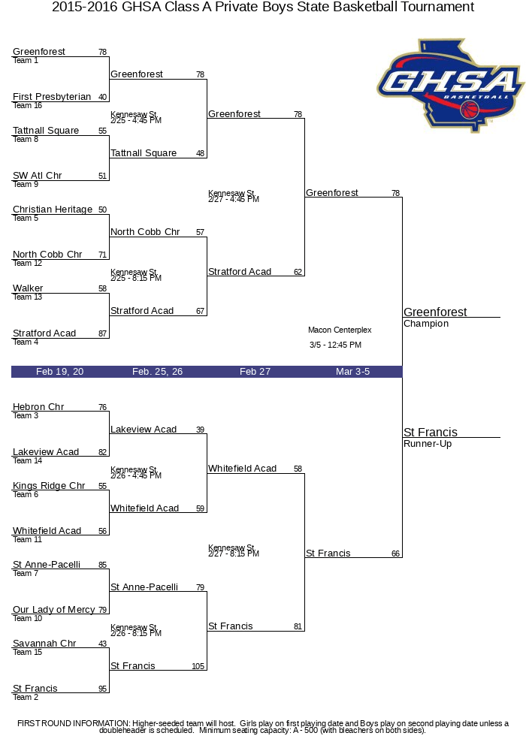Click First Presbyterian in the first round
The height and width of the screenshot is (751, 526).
coord(52,97)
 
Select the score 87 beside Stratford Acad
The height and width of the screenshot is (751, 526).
coord(102,333)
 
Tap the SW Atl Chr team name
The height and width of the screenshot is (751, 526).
coord(38,176)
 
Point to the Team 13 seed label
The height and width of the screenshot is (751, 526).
coord(27,297)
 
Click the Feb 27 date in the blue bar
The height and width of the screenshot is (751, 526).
coord(255,372)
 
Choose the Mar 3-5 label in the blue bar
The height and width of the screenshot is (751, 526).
coord(352,372)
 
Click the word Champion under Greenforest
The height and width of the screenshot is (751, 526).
coord(426,324)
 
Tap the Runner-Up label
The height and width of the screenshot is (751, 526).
coord(428,444)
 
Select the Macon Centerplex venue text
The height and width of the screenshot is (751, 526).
coord(340,330)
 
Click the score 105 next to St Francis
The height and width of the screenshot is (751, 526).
coord(198,666)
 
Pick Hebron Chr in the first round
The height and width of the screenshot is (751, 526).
coord(38,407)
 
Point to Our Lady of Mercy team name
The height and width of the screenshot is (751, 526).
coord(54,610)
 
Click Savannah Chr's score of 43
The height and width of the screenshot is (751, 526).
coord(102,644)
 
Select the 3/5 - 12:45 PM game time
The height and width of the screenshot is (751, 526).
coord(335,345)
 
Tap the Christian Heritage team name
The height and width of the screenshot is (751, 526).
coord(53,210)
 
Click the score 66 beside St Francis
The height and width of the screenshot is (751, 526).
coord(395,553)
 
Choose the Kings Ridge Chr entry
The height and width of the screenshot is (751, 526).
coord(49,486)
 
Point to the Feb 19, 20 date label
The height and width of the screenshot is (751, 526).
coord(60,372)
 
